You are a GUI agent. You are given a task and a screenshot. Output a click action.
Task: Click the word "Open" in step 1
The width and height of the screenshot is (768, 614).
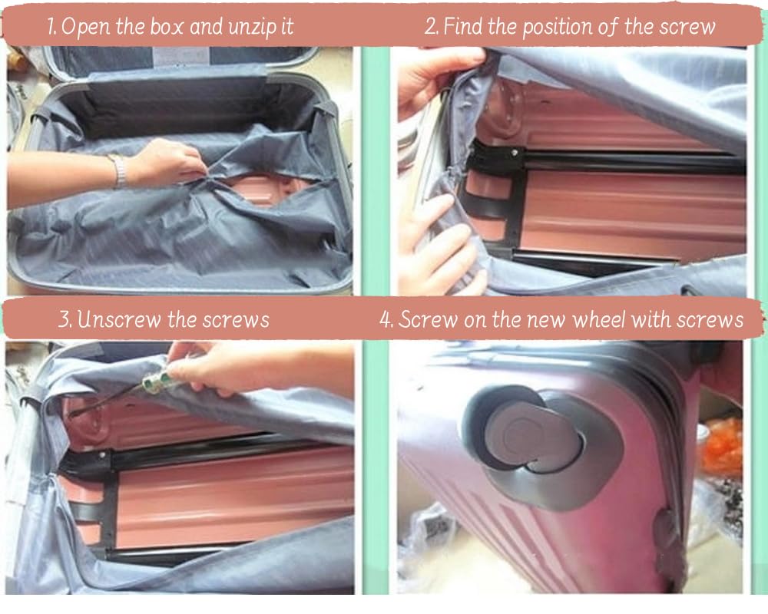click(x=86, y=27)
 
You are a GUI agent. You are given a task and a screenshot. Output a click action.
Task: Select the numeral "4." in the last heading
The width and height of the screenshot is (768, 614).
click(x=386, y=320)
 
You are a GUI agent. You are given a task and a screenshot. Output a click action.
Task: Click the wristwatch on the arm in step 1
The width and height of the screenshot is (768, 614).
click(x=118, y=170)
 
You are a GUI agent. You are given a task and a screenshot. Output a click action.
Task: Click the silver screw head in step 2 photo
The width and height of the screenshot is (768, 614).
click(x=514, y=153)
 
